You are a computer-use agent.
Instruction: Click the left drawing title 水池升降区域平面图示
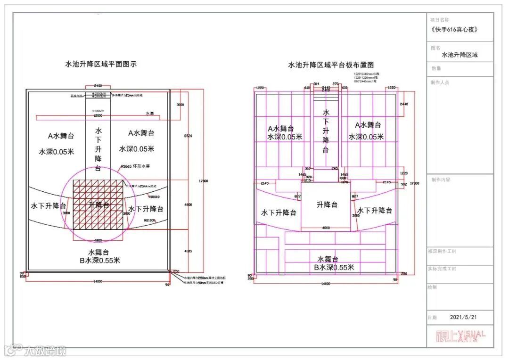click(x=101, y=64)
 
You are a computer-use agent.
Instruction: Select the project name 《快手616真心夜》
click(x=454, y=29)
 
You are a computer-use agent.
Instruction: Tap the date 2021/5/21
click(x=463, y=317)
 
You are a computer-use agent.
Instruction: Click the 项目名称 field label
click(x=440, y=20)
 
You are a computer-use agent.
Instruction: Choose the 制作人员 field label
click(x=440, y=82)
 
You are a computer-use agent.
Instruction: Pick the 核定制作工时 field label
click(x=442, y=251)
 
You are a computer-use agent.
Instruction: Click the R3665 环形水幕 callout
click(x=135, y=166)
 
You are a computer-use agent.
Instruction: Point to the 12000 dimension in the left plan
click(x=98, y=115)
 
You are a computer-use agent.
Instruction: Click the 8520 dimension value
click(x=188, y=136)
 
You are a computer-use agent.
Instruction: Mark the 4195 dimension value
click(x=188, y=251)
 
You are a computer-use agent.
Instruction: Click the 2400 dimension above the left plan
click(x=98, y=86)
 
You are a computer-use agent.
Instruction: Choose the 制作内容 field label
click(x=441, y=180)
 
